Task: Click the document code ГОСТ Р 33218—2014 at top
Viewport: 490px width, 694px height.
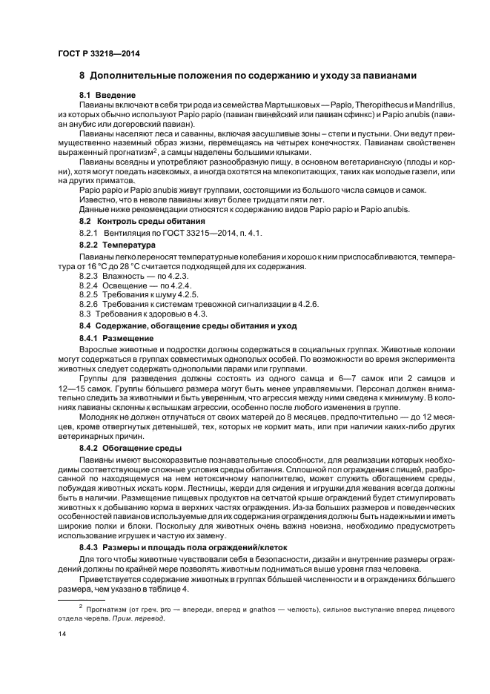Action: (x=98, y=55)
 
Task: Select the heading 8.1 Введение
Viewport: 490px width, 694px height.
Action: (x=107, y=96)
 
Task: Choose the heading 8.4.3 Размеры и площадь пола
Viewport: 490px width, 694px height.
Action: (x=177, y=546)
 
